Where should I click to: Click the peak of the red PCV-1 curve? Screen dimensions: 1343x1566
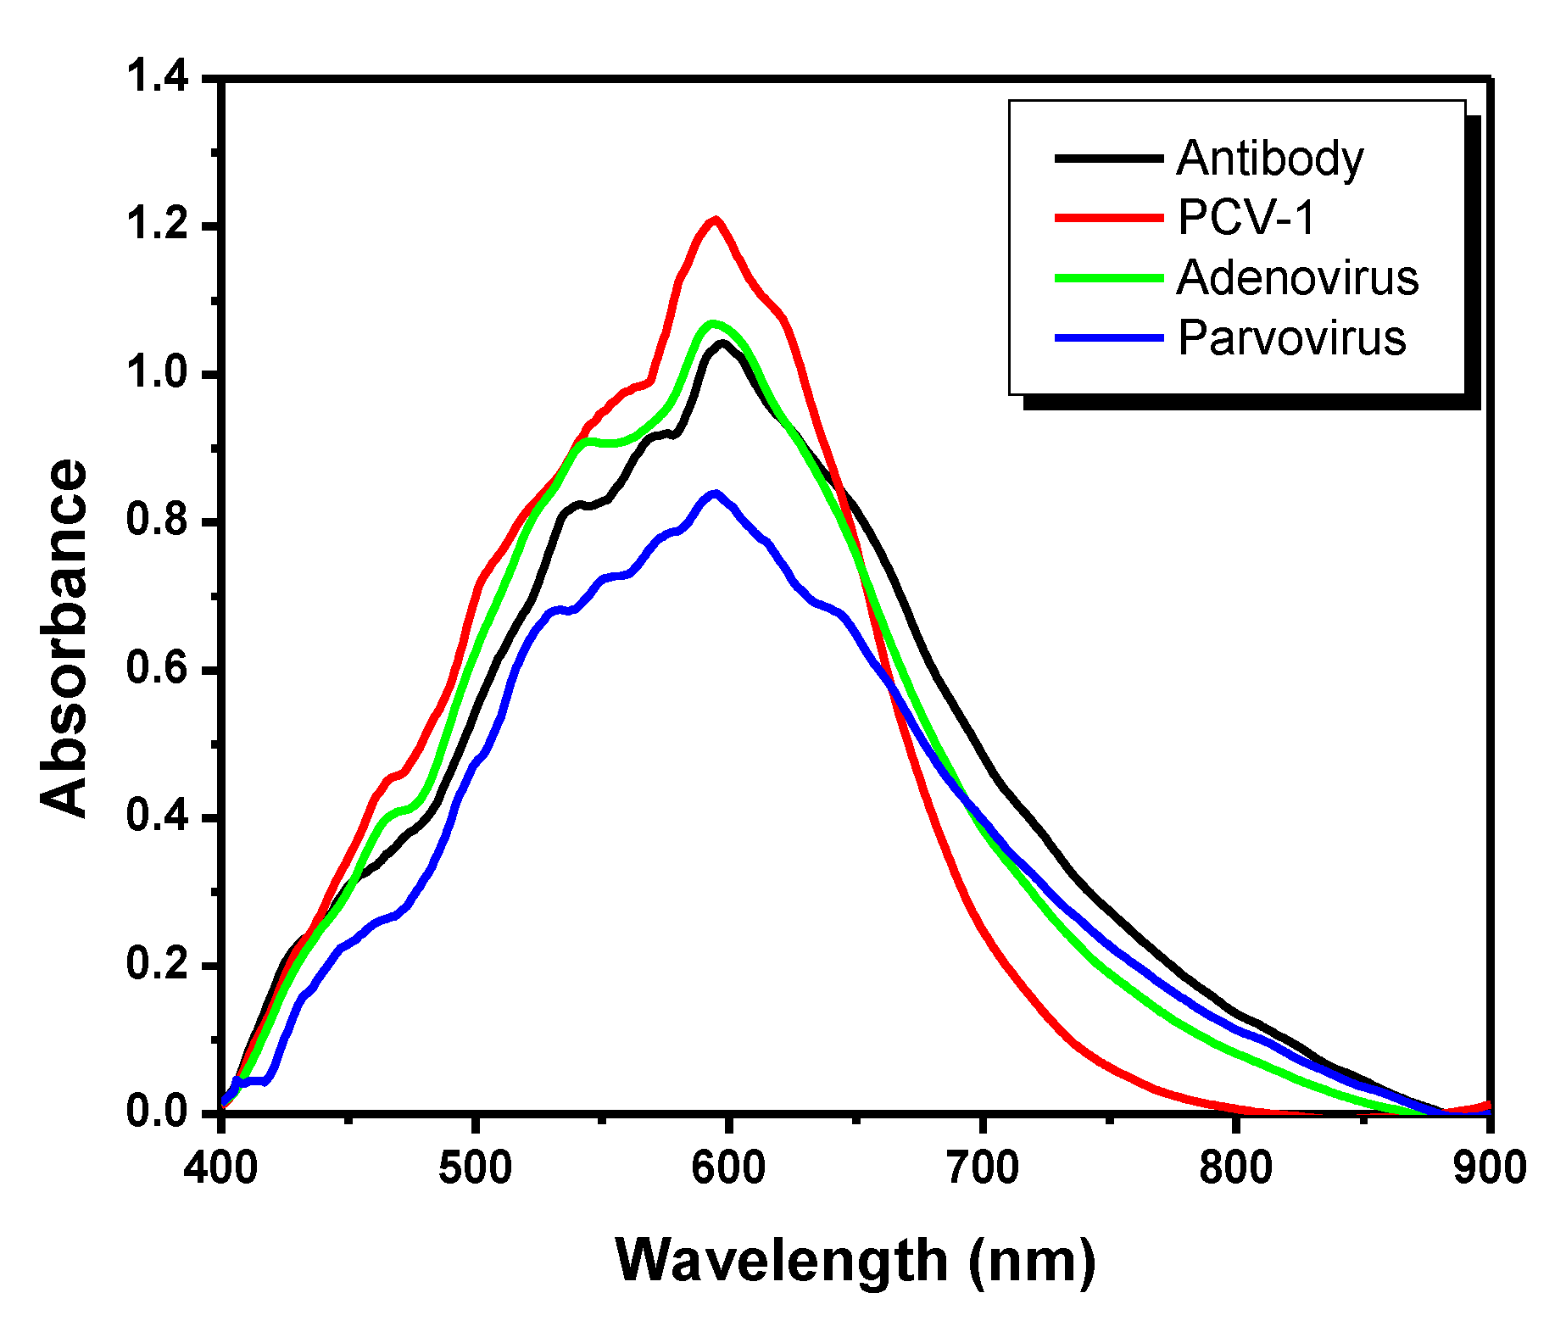click(716, 220)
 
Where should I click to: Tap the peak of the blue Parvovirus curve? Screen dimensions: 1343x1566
click(716, 493)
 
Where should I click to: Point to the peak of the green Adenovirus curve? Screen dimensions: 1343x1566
click(713, 323)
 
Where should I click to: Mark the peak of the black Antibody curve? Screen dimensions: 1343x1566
click(722, 343)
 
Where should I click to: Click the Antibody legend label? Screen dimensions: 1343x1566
click(1269, 159)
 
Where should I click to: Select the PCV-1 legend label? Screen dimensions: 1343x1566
click(1246, 218)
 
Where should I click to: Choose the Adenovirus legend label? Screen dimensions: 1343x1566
click(1297, 278)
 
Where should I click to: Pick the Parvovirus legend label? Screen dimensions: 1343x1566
click(1291, 338)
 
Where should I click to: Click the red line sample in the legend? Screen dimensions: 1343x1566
click(1108, 218)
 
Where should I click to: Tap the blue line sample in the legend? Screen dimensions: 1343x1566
click(1108, 338)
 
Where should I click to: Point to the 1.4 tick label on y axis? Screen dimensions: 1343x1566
click(157, 78)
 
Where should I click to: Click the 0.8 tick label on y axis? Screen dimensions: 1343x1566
click(157, 521)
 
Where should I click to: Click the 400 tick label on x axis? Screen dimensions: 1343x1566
click(220, 1168)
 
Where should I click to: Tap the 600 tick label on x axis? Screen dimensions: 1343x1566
click(727, 1168)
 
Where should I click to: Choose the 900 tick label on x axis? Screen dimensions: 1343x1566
click(1489, 1168)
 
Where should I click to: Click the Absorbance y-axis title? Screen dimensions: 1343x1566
click(65, 638)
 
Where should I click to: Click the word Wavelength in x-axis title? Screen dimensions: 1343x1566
click(781, 1261)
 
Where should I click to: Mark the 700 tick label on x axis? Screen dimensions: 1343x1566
click(982, 1168)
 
